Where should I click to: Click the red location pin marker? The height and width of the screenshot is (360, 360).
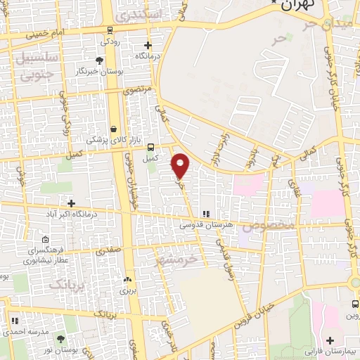point(181,165)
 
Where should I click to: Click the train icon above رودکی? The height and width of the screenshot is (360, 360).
point(110,30)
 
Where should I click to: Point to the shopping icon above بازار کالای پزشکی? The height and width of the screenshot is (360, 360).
point(113,129)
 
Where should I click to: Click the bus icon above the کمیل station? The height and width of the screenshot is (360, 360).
point(150,147)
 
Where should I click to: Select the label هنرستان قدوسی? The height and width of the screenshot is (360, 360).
point(205,225)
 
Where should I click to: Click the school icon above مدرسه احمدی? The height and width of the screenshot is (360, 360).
point(15,320)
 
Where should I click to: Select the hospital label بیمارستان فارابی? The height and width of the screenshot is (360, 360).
point(330,349)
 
